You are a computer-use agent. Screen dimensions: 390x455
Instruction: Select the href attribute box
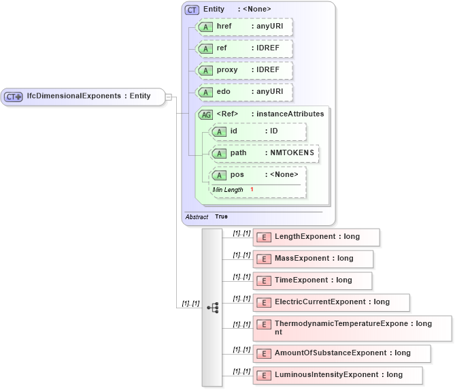click(243, 27)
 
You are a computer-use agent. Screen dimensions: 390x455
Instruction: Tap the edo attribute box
click(243, 92)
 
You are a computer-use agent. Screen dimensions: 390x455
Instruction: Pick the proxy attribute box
click(243, 70)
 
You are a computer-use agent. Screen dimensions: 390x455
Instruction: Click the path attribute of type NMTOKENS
click(264, 153)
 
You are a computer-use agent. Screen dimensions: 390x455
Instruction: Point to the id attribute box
click(258, 131)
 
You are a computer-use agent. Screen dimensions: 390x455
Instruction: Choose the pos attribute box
click(258, 175)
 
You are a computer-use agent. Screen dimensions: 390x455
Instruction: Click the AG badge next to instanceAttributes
click(205, 114)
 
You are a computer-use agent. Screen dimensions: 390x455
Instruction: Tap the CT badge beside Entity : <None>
click(192, 10)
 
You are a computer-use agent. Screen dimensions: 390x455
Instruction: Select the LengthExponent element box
click(316, 237)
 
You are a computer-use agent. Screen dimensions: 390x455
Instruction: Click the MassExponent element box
click(313, 259)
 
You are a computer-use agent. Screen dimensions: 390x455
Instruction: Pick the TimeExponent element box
click(312, 280)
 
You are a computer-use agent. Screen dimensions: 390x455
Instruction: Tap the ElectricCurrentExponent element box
click(331, 302)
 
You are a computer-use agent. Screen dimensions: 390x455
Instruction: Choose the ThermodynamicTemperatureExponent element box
click(352, 328)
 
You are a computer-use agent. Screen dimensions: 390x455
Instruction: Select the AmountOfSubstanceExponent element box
click(341, 353)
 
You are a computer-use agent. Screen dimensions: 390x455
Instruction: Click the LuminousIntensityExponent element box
click(337, 375)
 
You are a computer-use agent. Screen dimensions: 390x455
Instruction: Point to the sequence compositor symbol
click(212, 308)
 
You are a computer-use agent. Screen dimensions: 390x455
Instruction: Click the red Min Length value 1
click(252, 189)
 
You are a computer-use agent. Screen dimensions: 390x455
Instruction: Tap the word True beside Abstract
click(222, 216)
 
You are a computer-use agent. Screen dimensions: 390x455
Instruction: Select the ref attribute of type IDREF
click(243, 48)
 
